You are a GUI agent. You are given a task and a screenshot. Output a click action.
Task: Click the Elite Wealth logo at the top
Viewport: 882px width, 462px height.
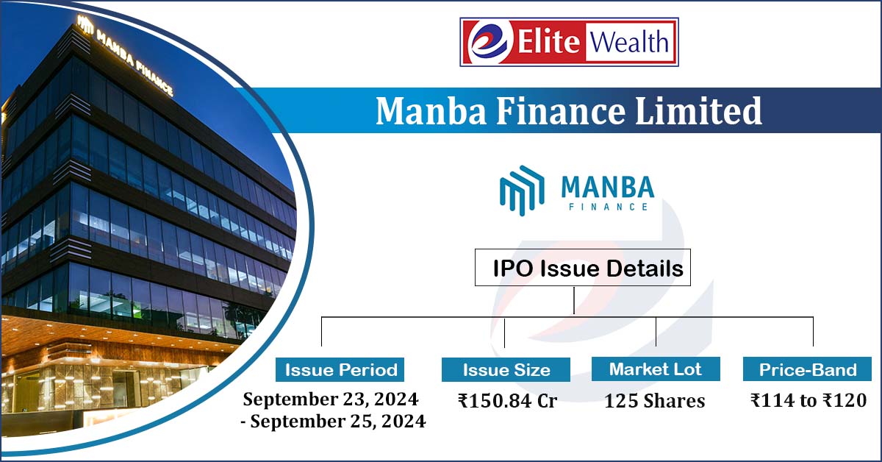pyautogui.click(x=568, y=42)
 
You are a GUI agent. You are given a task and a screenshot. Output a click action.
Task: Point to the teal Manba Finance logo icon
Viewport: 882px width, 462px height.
pyautogui.click(x=521, y=189)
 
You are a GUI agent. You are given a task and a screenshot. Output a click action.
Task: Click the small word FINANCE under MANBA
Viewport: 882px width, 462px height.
pyautogui.click(x=608, y=207)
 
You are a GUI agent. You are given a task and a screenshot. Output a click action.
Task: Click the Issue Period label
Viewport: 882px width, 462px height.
pyautogui.click(x=341, y=369)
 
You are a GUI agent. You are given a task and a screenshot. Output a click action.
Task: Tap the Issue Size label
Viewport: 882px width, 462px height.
pyautogui.click(x=506, y=369)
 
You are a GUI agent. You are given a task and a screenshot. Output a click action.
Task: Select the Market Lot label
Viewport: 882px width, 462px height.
pyautogui.click(x=656, y=369)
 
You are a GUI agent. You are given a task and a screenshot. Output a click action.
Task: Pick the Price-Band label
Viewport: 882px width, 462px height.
pyautogui.click(x=807, y=369)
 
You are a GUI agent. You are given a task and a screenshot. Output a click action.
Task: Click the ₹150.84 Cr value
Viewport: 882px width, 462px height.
pyautogui.click(x=507, y=401)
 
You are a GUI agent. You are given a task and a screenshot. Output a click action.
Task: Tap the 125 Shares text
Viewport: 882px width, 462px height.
pyautogui.click(x=655, y=401)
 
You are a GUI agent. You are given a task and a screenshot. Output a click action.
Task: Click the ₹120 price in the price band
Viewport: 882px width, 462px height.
pyautogui.click(x=845, y=400)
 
